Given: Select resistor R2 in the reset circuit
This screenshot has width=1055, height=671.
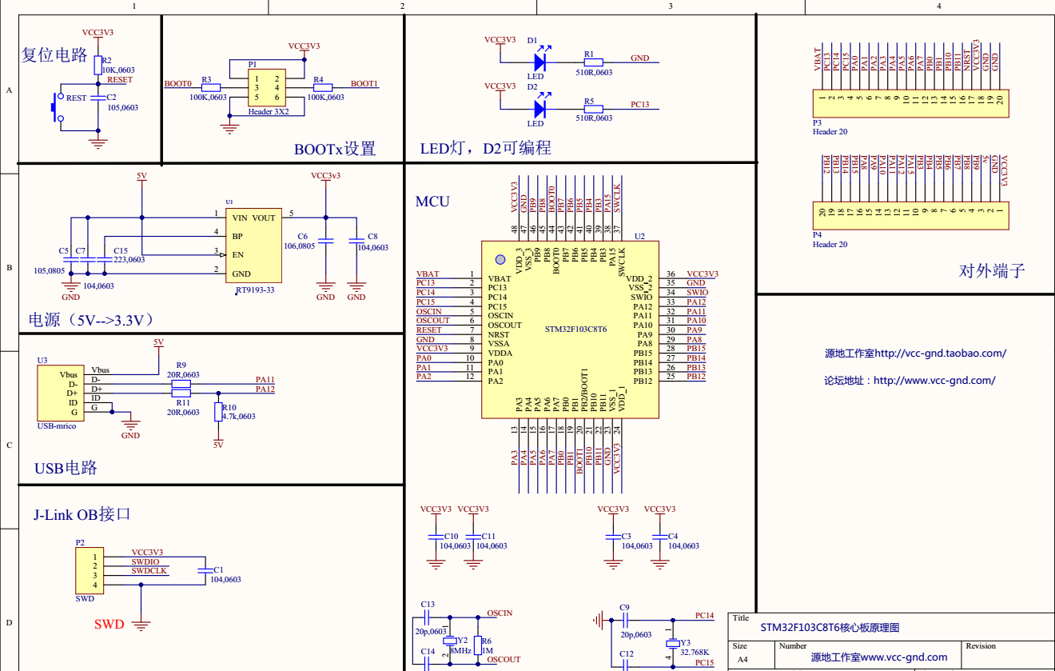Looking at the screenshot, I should click(98, 65).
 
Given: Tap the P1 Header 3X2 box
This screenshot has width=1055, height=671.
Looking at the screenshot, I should click(266, 88).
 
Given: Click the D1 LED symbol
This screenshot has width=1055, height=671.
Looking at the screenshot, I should click(539, 61).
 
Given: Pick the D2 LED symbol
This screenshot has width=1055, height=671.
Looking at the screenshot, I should click(539, 107).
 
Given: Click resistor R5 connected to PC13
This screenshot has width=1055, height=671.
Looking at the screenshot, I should click(593, 107).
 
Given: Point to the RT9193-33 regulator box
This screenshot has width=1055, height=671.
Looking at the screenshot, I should click(253, 246).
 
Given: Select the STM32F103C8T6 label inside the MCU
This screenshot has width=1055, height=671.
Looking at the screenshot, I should click(575, 330).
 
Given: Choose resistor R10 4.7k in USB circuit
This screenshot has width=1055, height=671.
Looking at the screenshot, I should click(217, 412).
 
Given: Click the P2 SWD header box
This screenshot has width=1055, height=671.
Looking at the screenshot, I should click(90, 570).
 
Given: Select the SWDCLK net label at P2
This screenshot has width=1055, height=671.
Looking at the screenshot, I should click(149, 571).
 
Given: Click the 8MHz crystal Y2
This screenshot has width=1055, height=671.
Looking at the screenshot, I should click(450, 641).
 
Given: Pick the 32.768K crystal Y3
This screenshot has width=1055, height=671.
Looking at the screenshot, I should click(671, 644).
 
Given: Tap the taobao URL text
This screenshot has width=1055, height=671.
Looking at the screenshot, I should click(915, 353).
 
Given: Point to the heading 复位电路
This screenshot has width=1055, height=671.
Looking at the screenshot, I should click(54, 55).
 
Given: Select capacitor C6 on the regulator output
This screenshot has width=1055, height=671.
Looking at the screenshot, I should click(325, 241).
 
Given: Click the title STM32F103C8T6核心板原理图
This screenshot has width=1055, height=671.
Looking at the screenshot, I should click(829, 628).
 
